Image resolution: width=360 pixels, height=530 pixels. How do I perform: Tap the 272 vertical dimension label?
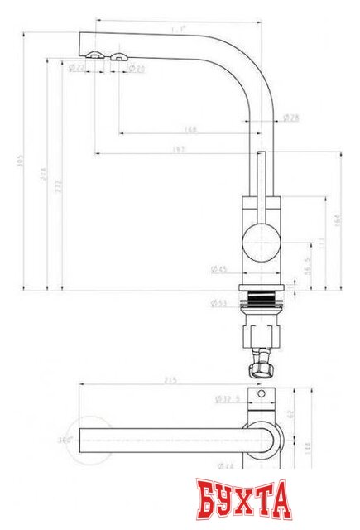click(x=58, y=187)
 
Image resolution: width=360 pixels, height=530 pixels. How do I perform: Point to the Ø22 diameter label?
click(x=76, y=68)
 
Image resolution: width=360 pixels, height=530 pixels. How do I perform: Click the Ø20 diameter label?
click(x=137, y=68)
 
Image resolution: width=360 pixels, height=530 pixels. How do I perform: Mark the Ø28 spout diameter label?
click(x=290, y=118)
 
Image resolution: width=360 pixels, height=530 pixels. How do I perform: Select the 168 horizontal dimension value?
click(x=191, y=128)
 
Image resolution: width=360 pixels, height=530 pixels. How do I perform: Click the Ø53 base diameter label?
click(x=218, y=303)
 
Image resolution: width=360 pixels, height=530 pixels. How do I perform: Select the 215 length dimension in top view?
click(x=172, y=380)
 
